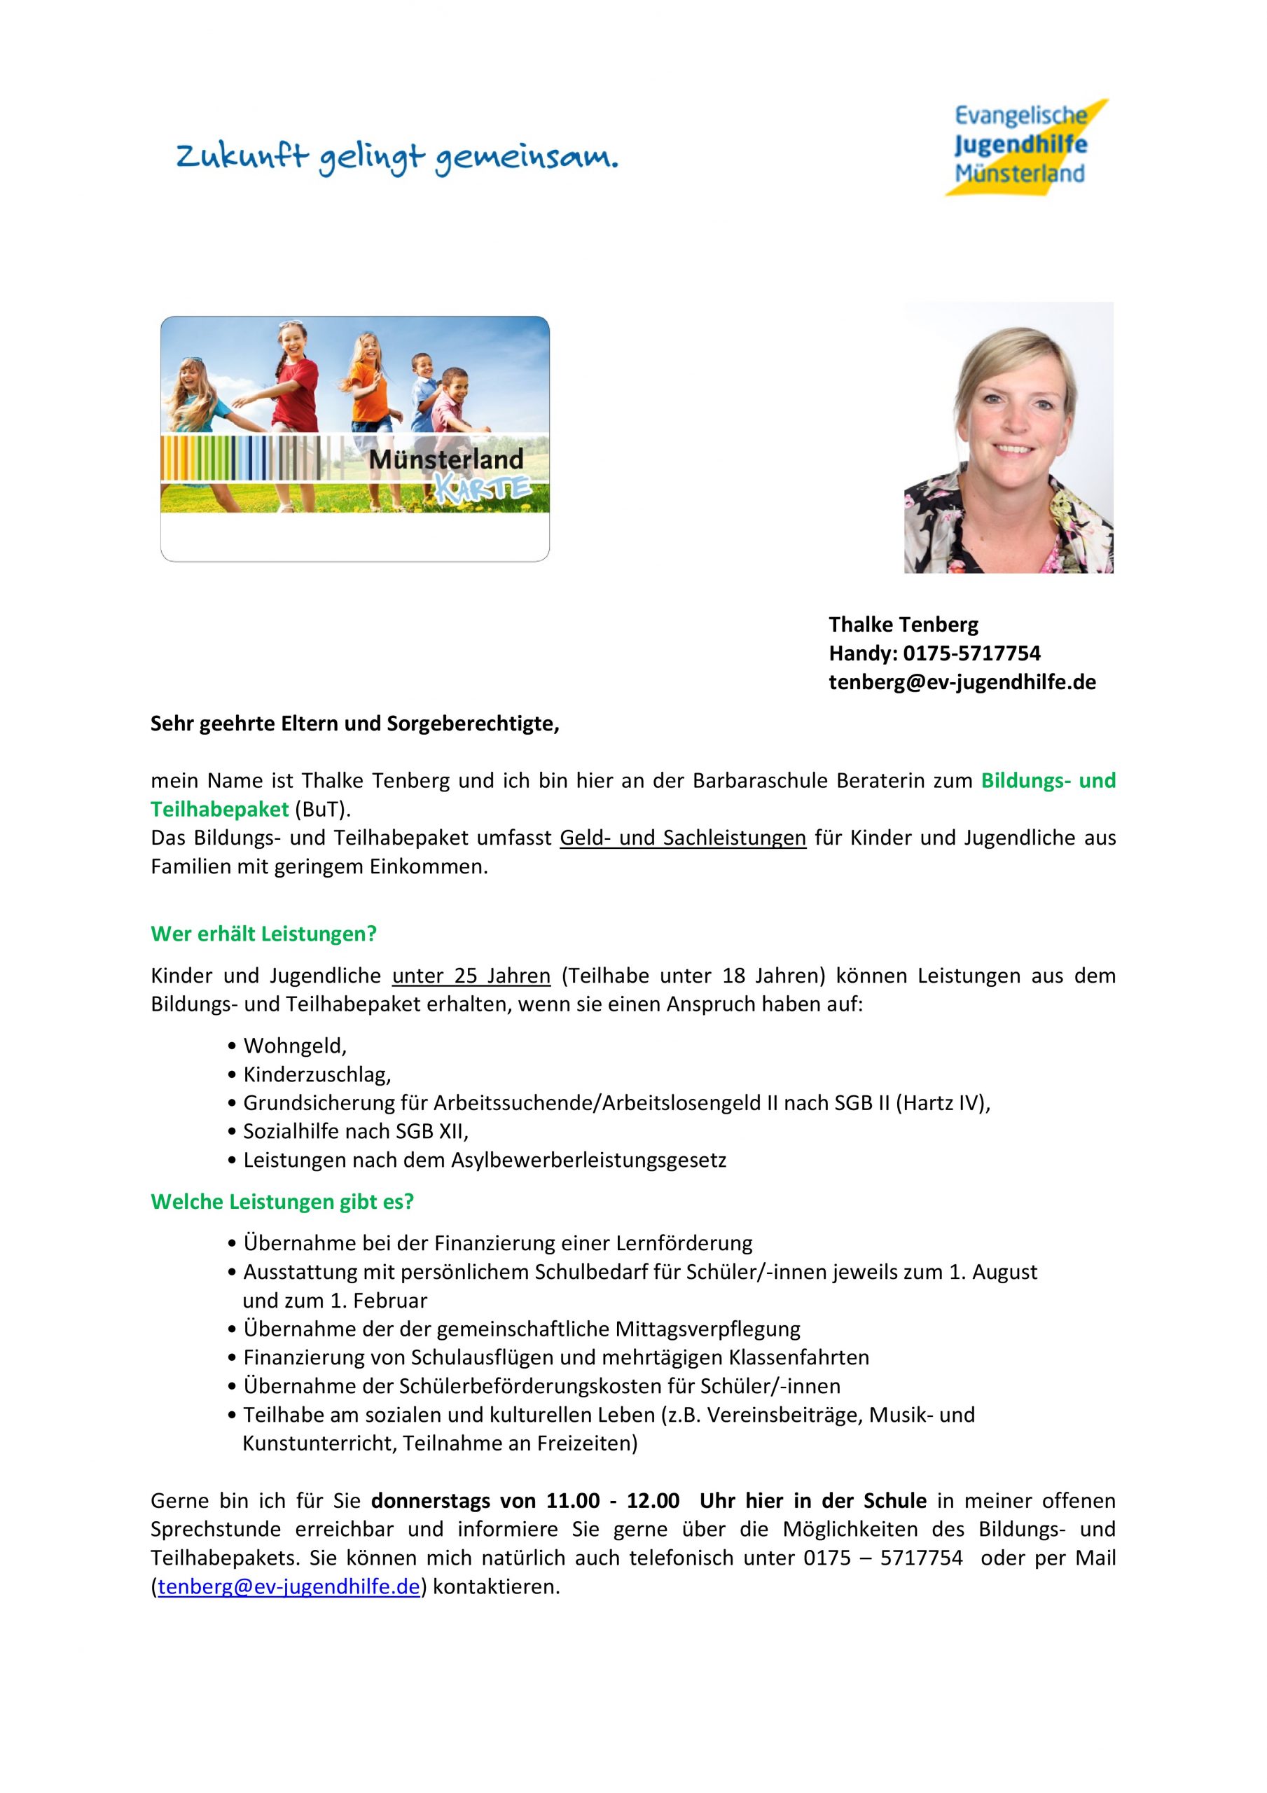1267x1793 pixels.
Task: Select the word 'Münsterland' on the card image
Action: click(445, 459)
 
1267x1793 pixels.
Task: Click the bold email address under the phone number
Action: click(962, 681)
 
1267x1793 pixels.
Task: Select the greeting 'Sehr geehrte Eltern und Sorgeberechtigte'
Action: click(354, 724)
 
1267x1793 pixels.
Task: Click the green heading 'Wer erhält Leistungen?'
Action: click(263, 933)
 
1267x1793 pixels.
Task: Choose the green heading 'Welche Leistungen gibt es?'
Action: click(282, 1201)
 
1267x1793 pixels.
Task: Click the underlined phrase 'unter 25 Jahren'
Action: click(471, 976)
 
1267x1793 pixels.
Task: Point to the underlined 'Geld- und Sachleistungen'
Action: click(682, 838)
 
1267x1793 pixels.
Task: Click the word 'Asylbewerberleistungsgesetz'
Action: click(588, 1160)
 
